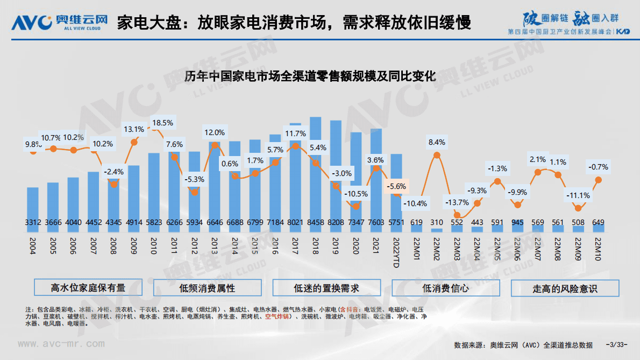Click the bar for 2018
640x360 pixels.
coord(316,172)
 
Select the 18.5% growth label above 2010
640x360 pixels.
coord(162,123)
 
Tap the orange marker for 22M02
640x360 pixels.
coord(437,156)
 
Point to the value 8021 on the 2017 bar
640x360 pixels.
coord(295,222)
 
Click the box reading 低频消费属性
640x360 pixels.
coord(207,288)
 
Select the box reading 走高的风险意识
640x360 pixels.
coord(565,288)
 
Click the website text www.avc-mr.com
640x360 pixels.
coord(61,343)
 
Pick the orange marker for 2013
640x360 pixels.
coord(215,145)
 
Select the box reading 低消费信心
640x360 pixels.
coord(445,288)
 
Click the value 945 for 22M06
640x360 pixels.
coord(517,222)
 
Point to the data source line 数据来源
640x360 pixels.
coord(522,345)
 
